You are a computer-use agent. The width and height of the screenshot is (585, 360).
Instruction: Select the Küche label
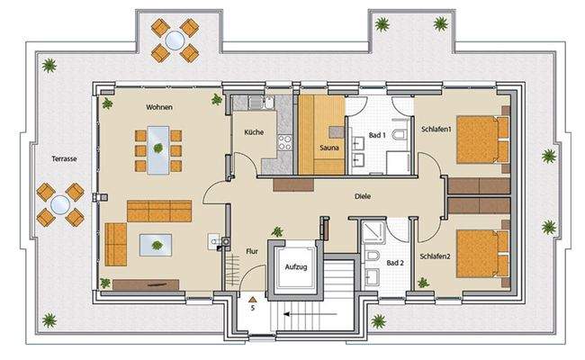(x=253, y=132)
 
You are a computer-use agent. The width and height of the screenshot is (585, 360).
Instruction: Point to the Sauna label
(x=328, y=147)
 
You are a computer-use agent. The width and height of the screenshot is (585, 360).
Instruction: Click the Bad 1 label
(x=377, y=135)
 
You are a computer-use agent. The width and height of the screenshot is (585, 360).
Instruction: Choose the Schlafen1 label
(x=436, y=130)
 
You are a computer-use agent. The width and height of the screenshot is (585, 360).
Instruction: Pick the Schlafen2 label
(x=436, y=281)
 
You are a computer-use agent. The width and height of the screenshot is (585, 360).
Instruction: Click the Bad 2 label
(x=395, y=263)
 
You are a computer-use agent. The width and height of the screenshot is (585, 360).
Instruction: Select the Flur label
(x=252, y=252)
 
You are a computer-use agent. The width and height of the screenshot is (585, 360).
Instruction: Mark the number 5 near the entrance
(x=254, y=308)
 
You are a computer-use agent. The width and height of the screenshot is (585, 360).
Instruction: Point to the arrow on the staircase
(x=297, y=315)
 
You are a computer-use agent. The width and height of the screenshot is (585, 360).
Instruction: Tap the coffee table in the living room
(x=157, y=242)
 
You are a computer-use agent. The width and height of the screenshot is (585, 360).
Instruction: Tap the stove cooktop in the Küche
(x=284, y=144)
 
